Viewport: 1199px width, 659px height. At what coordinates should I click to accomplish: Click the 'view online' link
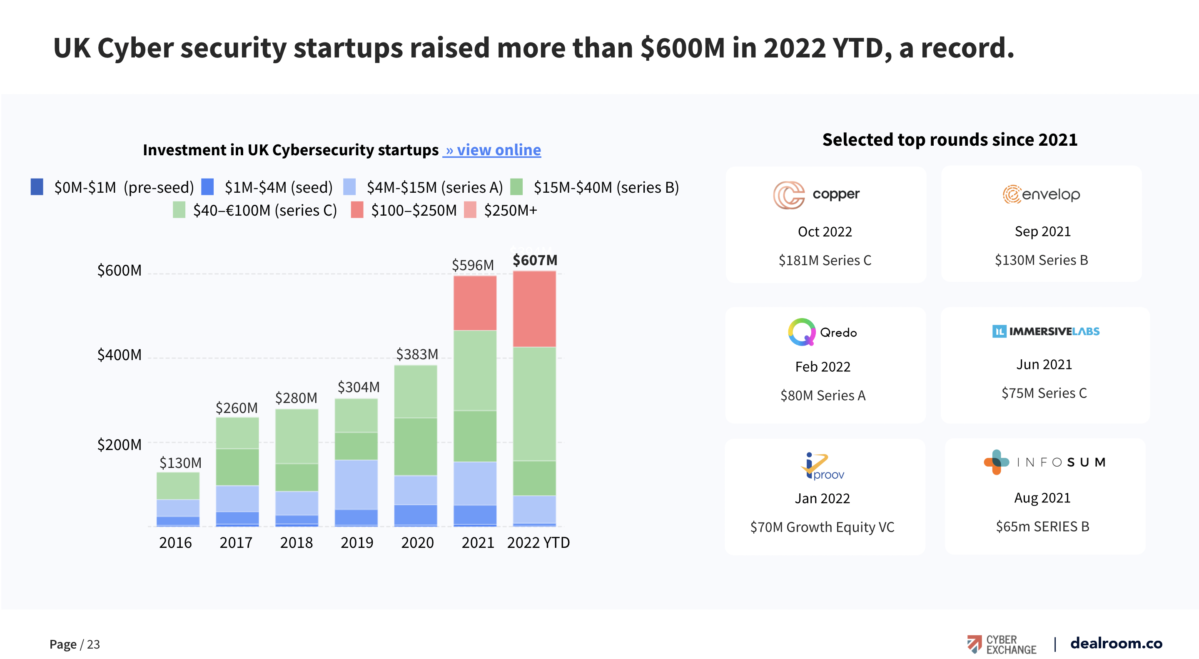tap(492, 150)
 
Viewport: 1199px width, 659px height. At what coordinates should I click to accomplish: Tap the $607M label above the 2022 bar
tap(535, 260)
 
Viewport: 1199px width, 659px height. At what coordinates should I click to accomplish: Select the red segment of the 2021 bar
tap(475, 303)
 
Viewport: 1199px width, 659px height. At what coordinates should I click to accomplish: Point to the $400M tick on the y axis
tap(119, 355)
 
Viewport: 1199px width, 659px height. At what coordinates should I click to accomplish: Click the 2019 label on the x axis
tap(356, 543)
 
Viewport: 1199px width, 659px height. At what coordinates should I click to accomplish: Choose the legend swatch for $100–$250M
tap(357, 210)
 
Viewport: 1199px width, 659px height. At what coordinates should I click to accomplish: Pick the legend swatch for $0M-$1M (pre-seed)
tap(37, 187)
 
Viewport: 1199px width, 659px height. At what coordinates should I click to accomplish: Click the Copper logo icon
tap(789, 195)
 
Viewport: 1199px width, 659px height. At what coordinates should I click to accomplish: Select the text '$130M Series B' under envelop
tap(1041, 260)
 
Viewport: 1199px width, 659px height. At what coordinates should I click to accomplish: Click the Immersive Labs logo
tap(1045, 331)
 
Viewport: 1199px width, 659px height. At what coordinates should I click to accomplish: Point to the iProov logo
tap(822, 466)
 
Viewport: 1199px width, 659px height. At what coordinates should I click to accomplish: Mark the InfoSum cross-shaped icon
tap(996, 462)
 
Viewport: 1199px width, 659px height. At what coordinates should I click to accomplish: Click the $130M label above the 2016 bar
tap(180, 463)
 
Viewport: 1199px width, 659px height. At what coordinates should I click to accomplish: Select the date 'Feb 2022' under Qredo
tap(823, 367)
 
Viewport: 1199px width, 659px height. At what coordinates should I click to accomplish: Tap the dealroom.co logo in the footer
tap(1116, 643)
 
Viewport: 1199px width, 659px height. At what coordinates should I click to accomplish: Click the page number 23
tap(93, 644)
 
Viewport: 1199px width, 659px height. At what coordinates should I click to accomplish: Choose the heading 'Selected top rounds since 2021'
tap(950, 139)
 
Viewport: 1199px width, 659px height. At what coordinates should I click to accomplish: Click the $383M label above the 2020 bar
tap(417, 354)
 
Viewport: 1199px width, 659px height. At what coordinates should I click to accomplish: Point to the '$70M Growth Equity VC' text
tap(822, 527)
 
